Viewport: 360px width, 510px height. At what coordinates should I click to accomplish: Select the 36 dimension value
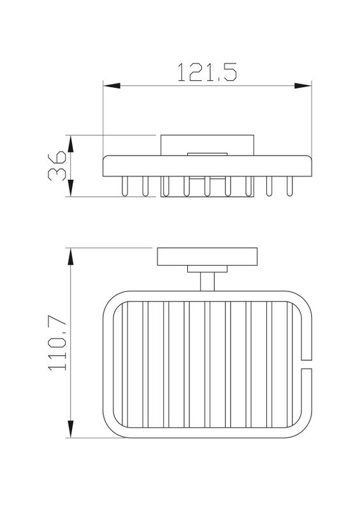point(57,165)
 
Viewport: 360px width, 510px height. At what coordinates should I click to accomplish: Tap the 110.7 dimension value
point(57,344)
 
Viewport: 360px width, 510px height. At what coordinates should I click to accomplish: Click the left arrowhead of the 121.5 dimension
point(112,86)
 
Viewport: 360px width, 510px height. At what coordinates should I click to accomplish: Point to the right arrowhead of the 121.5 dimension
point(303,86)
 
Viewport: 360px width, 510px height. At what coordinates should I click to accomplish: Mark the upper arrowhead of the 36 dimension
point(71,144)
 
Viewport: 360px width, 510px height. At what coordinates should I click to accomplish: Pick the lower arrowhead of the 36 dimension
point(71,187)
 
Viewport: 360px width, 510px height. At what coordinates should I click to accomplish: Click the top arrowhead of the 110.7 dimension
point(70,257)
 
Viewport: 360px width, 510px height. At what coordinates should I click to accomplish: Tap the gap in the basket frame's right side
point(306,364)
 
